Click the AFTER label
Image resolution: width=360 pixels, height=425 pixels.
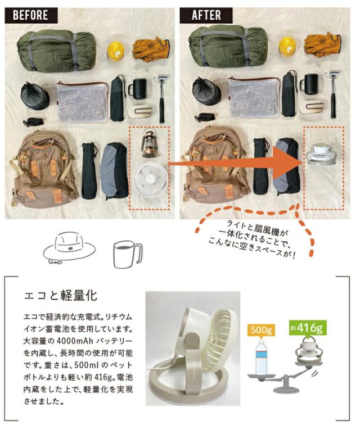[x=206, y=15]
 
